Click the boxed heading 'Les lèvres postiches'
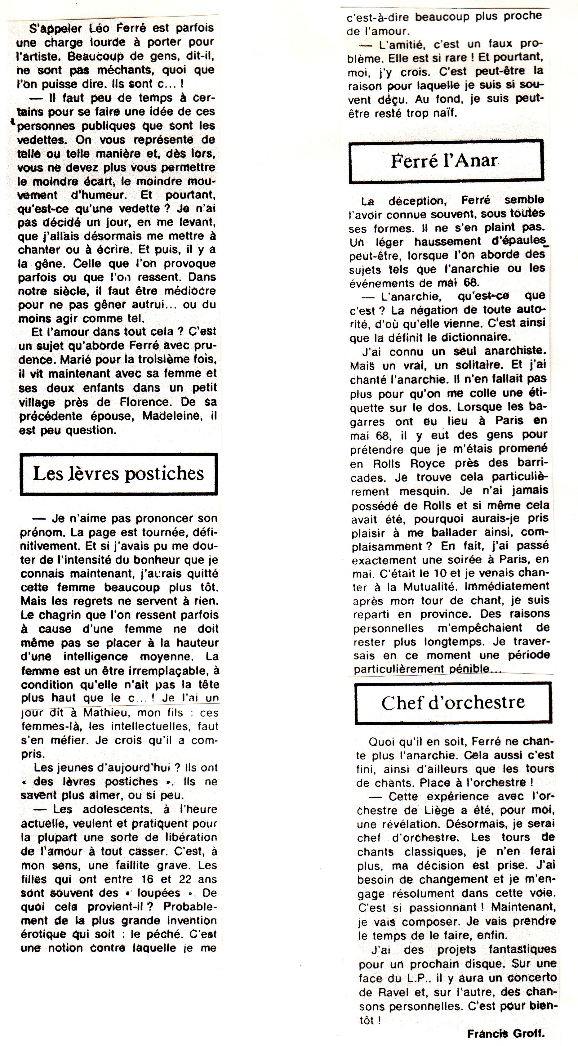(x=118, y=473)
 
